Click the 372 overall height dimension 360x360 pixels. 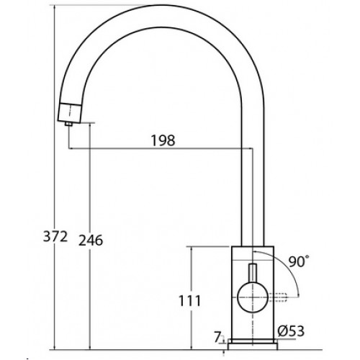(x=55, y=237)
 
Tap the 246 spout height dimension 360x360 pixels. (x=91, y=240)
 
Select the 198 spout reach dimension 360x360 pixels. (x=163, y=140)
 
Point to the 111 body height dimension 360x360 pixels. (x=189, y=301)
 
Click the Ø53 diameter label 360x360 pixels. (x=291, y=331)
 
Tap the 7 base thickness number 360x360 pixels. (x=217, y=338)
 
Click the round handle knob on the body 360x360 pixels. (x=253, y=297)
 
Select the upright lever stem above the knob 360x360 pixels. (x=253, y=273)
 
